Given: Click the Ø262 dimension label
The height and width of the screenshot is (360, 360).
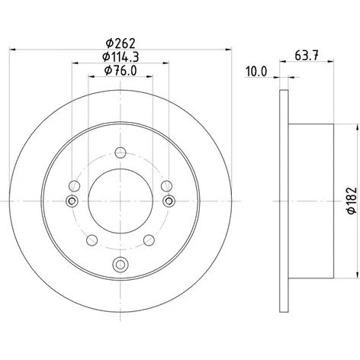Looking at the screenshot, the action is pyautogui.click(x=121, y=43).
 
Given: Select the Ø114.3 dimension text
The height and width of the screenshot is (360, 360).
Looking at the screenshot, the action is pyautogui.click(x=121, y=57).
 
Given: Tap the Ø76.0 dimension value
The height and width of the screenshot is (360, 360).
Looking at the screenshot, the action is pyautogui.click(x=121, y=70).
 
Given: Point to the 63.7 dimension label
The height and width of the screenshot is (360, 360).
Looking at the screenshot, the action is pyautogui.click(x=307, y=56).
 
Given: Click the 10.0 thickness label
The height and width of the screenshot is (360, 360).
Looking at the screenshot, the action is pyautogui.click(x=256, y=72).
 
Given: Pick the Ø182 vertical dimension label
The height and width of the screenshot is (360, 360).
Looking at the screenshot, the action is pyautogui.click(x=352, y=201).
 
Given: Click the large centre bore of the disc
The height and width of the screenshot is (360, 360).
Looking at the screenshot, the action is pyautogui.click(x=121, y=201).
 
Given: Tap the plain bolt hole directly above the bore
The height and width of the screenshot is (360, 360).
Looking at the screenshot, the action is pyautogui.click(x=121, y=153).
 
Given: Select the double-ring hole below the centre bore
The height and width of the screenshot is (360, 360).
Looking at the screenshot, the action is pyautogui.click(x=121, y=264).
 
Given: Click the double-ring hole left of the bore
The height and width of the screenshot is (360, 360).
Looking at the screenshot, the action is pyautogui.click(x=72, y=201).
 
